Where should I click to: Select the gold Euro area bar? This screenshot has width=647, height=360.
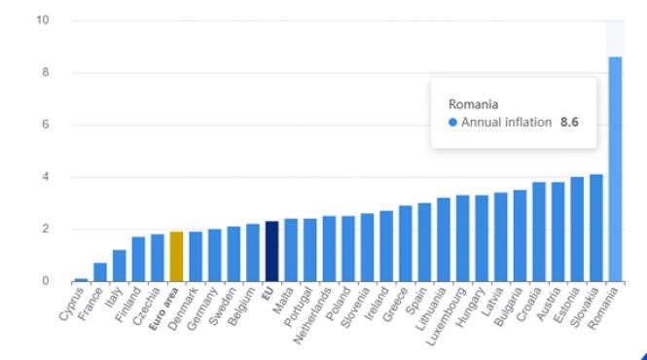point(176,256)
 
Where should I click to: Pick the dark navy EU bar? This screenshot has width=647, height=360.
point(271,251)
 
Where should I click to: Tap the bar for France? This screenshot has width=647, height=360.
point(100,271)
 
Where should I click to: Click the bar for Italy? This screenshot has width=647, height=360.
point(119,266)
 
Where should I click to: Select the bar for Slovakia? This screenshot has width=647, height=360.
point(596,228)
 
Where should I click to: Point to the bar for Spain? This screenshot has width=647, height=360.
point(424,242)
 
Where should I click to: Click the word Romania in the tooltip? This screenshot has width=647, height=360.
point(473,103)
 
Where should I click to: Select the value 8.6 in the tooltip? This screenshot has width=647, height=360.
point(570,123)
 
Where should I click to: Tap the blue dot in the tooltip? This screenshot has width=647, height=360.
point(452,123)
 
